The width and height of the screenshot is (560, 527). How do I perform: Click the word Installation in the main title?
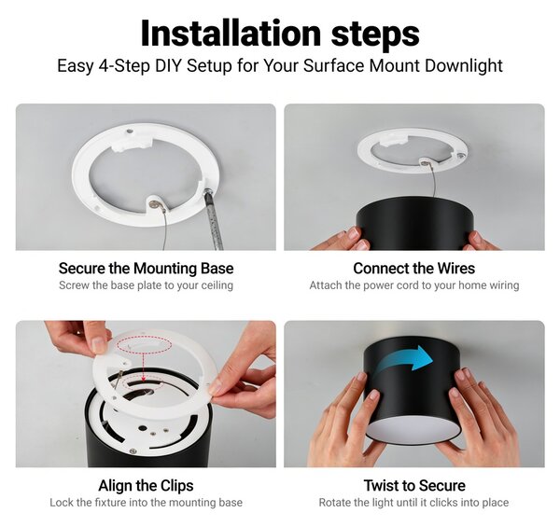tap(231, 33)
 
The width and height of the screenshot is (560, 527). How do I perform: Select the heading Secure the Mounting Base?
tap(147, 269)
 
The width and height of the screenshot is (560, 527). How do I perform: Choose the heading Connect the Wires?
tap(413, 269)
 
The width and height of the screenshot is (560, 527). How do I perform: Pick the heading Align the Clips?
tap(147, 486)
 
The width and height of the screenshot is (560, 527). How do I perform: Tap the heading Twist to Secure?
tap(414, 486)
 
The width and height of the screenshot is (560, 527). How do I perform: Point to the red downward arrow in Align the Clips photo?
tap(143, 367)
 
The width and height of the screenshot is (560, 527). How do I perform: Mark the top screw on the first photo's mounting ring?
tap(131, 131)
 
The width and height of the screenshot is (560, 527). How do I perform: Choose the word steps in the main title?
tap(375, 35)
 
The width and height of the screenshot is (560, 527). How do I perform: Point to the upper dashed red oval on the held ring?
tap(145, 345)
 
